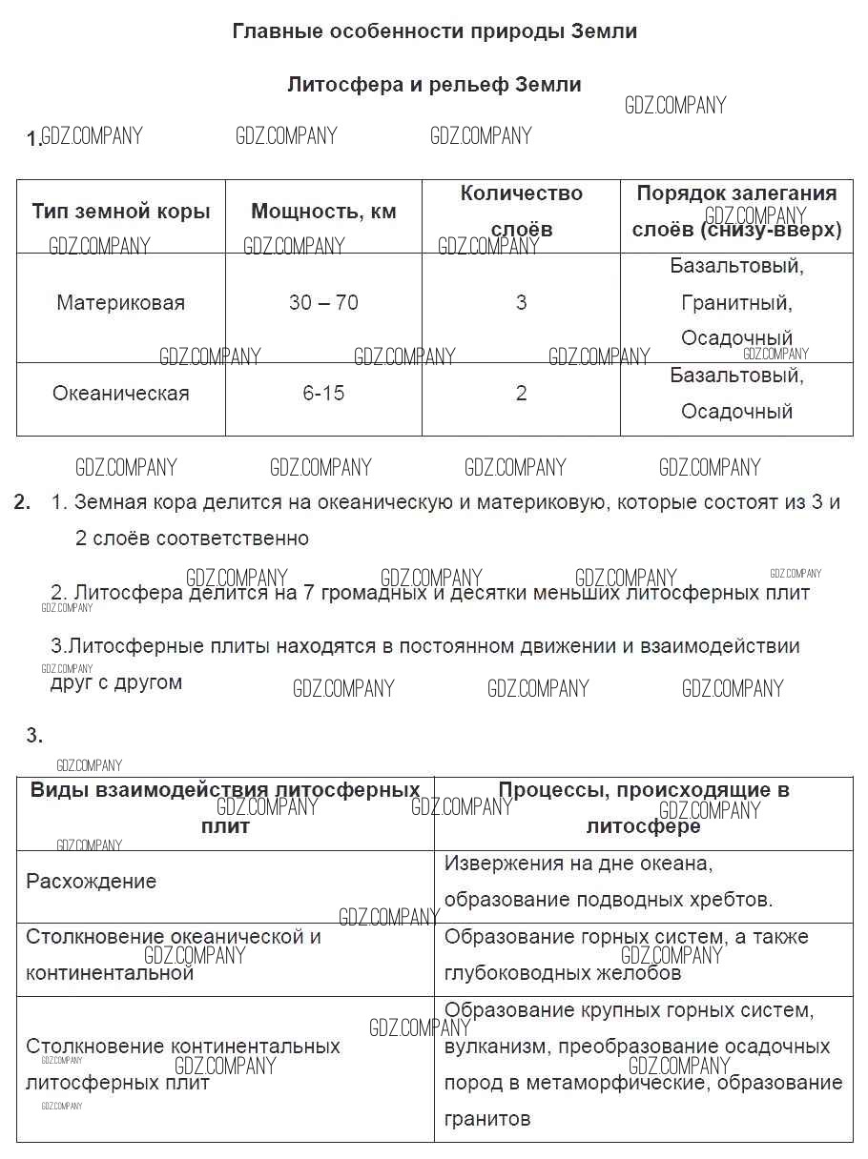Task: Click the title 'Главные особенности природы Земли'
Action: coord(434,31)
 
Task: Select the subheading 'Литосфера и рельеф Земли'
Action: coord(434,85)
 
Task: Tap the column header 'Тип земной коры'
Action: coord(121,212)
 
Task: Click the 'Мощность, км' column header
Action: coord(323,212)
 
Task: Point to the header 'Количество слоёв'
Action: coord(521,212)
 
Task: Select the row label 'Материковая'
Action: coord(121,303)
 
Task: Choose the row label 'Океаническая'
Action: coord(121,393)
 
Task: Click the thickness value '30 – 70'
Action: coord(323,303)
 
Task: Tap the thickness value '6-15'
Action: coord(323,393)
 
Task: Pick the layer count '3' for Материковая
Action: coord(521,303)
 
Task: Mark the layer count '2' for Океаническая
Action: coord(521,393)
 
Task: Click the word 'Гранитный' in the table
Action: coord(736,303)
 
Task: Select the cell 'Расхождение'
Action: coord(92,882)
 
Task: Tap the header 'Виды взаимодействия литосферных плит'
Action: coord(225,807)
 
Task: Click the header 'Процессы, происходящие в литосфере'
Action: coord(644,807)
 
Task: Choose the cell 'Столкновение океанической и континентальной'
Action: coord(174,954)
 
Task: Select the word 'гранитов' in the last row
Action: coord(487,1119)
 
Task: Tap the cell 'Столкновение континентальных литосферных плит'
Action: coord(183,1065)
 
